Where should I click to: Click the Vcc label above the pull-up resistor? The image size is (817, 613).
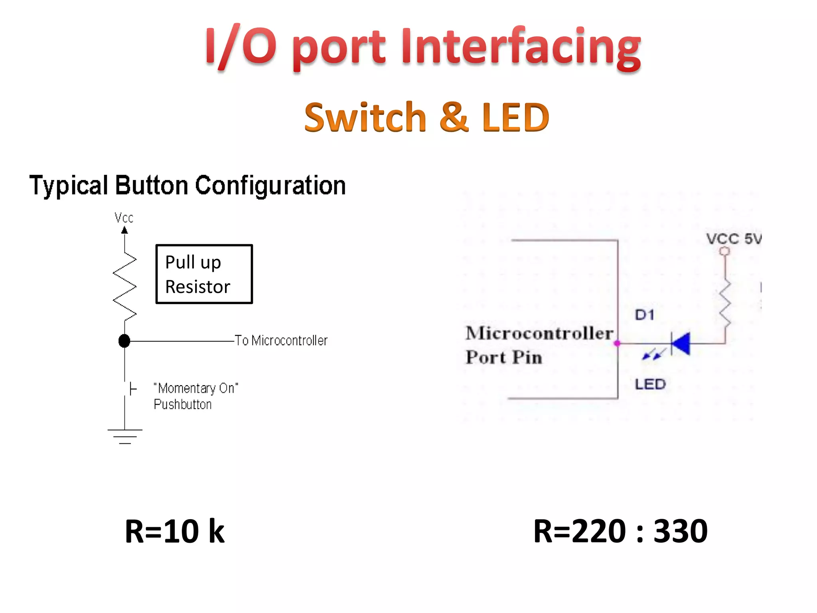pos(124,218)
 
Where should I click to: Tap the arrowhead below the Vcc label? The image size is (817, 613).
pos(124,230)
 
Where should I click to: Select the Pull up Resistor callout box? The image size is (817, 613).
pos(204,274)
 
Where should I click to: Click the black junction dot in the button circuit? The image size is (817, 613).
pos(124,341)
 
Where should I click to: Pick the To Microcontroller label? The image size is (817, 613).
pos(281,340)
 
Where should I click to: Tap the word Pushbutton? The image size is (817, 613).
pos(183,404)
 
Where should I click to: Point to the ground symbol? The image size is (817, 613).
pos(125,436)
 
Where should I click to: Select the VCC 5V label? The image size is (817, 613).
pos(733,239)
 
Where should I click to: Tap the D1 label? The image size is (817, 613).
pos(645,315)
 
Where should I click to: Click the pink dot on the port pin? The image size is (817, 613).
pos(617,343)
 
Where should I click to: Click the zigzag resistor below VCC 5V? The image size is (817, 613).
pos(725,303)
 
